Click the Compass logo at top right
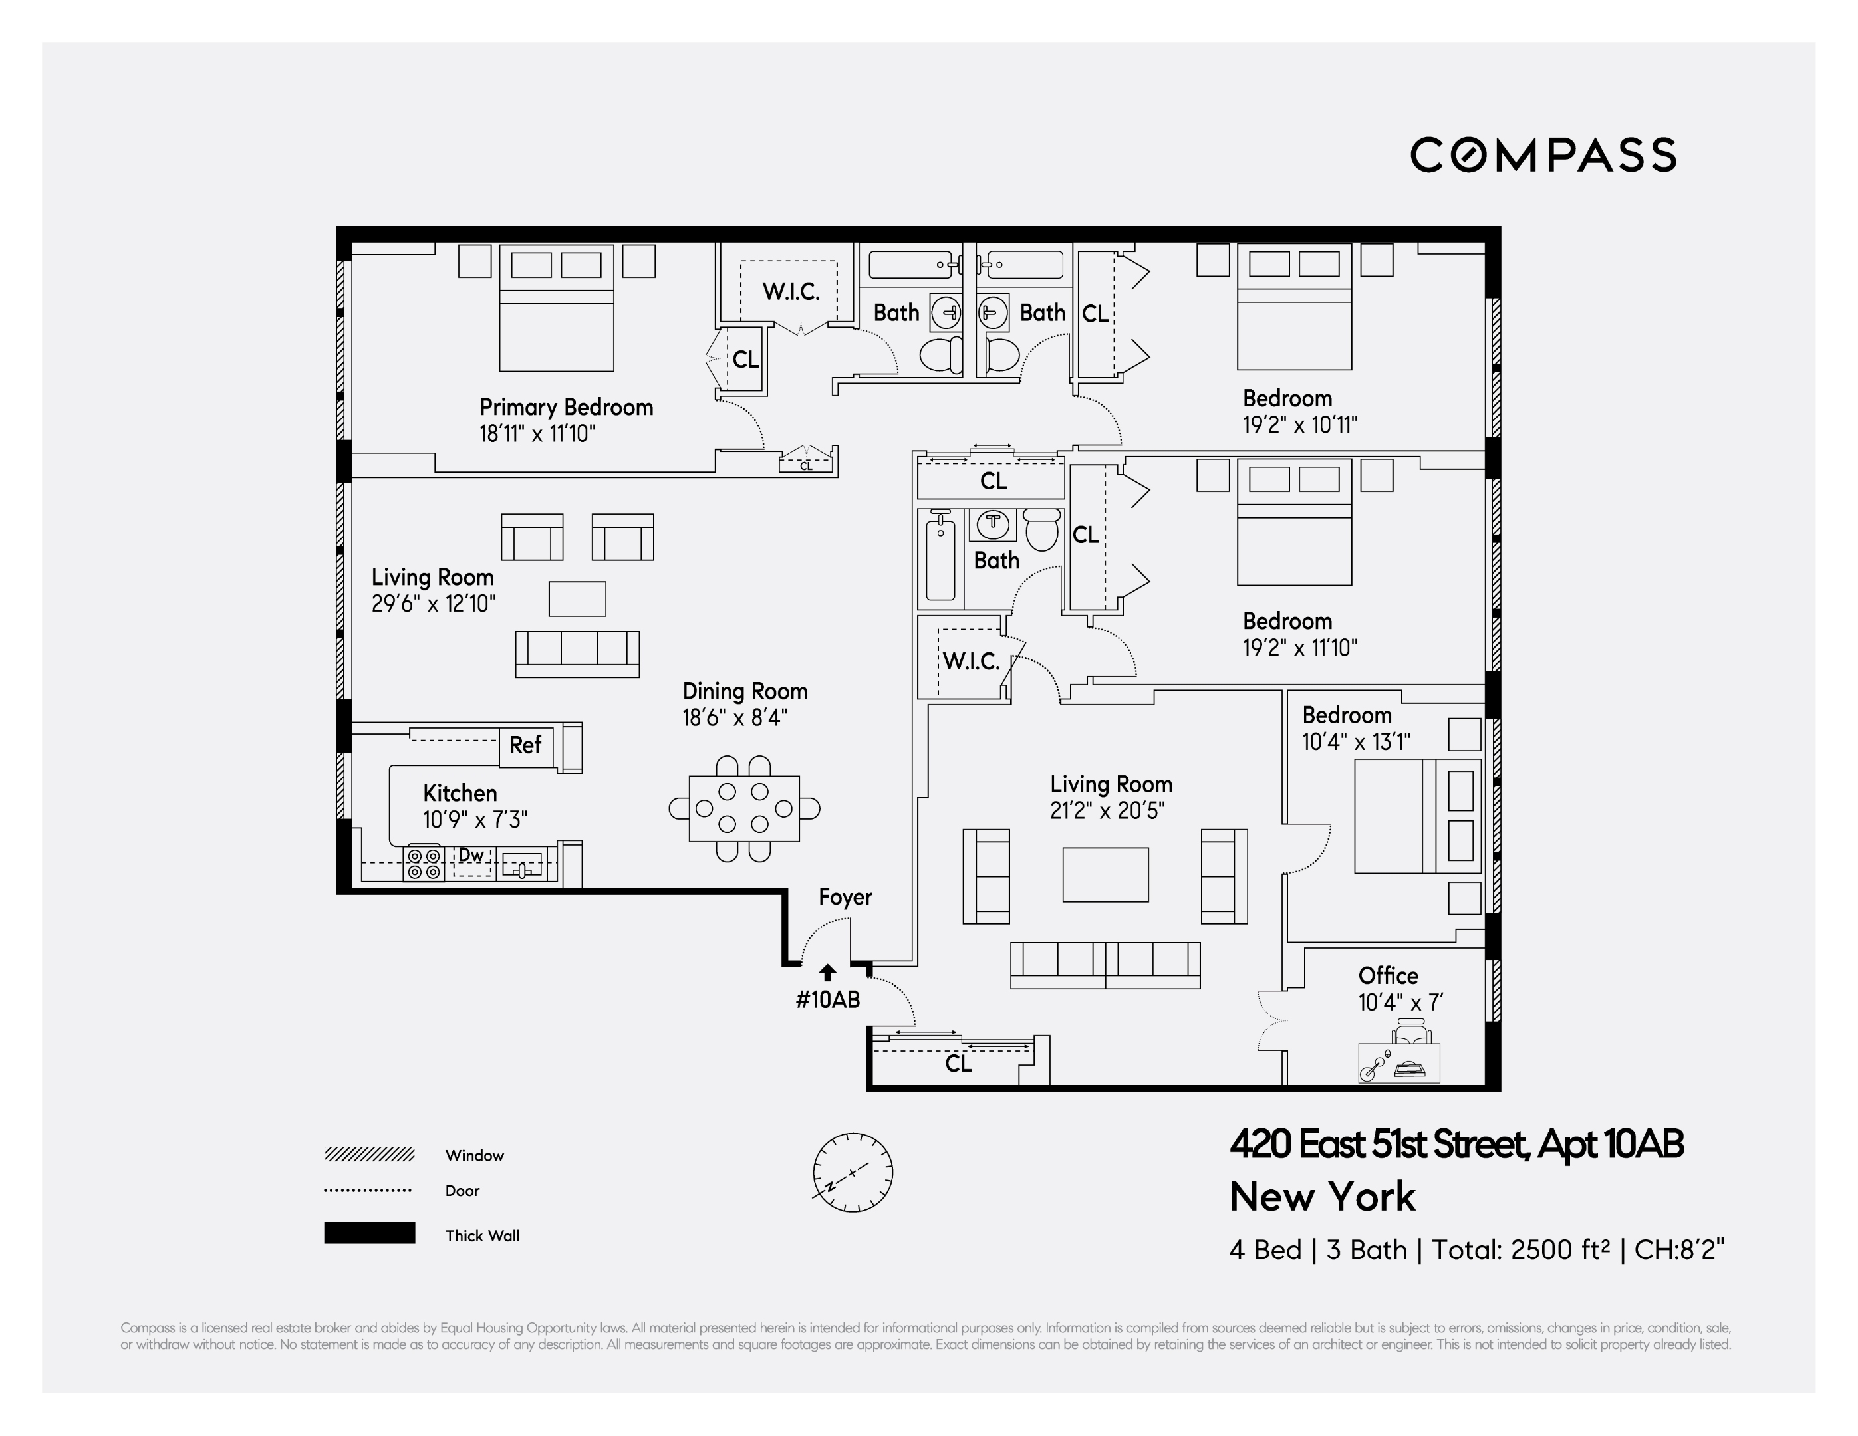1542,155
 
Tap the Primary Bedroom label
566,407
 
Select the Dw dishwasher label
471,855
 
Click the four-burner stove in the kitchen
423,863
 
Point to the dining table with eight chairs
743,808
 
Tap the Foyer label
845,897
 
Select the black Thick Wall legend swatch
369,1233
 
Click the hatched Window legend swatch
369,1154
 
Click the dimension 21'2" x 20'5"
1106,810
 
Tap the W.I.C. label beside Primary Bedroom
790,292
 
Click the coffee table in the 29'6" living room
577,599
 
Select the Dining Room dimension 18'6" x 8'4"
734,718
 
